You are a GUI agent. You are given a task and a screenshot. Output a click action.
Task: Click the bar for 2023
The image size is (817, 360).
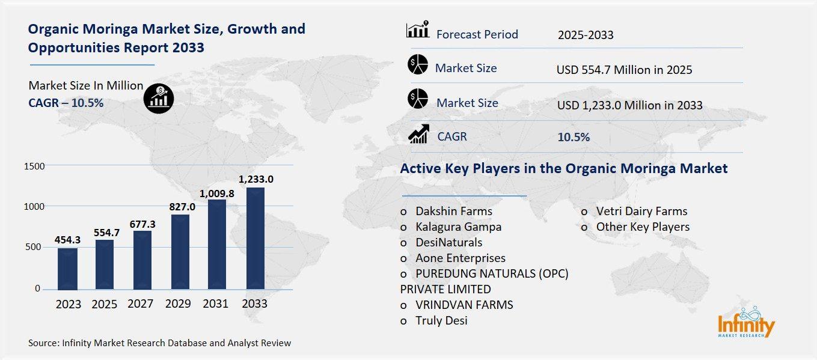[68, 269]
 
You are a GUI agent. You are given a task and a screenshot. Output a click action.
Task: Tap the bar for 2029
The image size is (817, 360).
[180, 252]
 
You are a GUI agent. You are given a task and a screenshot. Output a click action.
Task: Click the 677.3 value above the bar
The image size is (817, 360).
[142, 224]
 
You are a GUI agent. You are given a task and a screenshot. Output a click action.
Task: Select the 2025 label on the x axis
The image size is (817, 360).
[105, 304]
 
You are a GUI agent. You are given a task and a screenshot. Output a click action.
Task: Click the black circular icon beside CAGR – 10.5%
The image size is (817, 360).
[159, 98]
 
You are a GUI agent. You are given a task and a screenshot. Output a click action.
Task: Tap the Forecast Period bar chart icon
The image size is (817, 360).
[418, 29]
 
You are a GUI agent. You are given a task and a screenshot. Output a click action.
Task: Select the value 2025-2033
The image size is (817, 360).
[586, 35]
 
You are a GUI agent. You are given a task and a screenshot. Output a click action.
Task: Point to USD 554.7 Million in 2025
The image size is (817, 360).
[625, 70]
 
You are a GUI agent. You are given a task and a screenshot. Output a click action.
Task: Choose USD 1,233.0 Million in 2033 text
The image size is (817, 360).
[629, 105]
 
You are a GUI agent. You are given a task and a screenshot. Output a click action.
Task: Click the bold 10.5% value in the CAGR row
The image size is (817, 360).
[574, 137]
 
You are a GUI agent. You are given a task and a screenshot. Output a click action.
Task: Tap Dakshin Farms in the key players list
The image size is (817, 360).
[453, 211]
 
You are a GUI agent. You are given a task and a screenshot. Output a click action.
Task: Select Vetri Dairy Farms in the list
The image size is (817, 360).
[641, 211]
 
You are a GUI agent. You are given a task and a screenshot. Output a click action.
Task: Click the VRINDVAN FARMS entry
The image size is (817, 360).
[464, 305]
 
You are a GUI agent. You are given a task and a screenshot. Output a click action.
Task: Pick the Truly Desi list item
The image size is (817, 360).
[441, 320]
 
